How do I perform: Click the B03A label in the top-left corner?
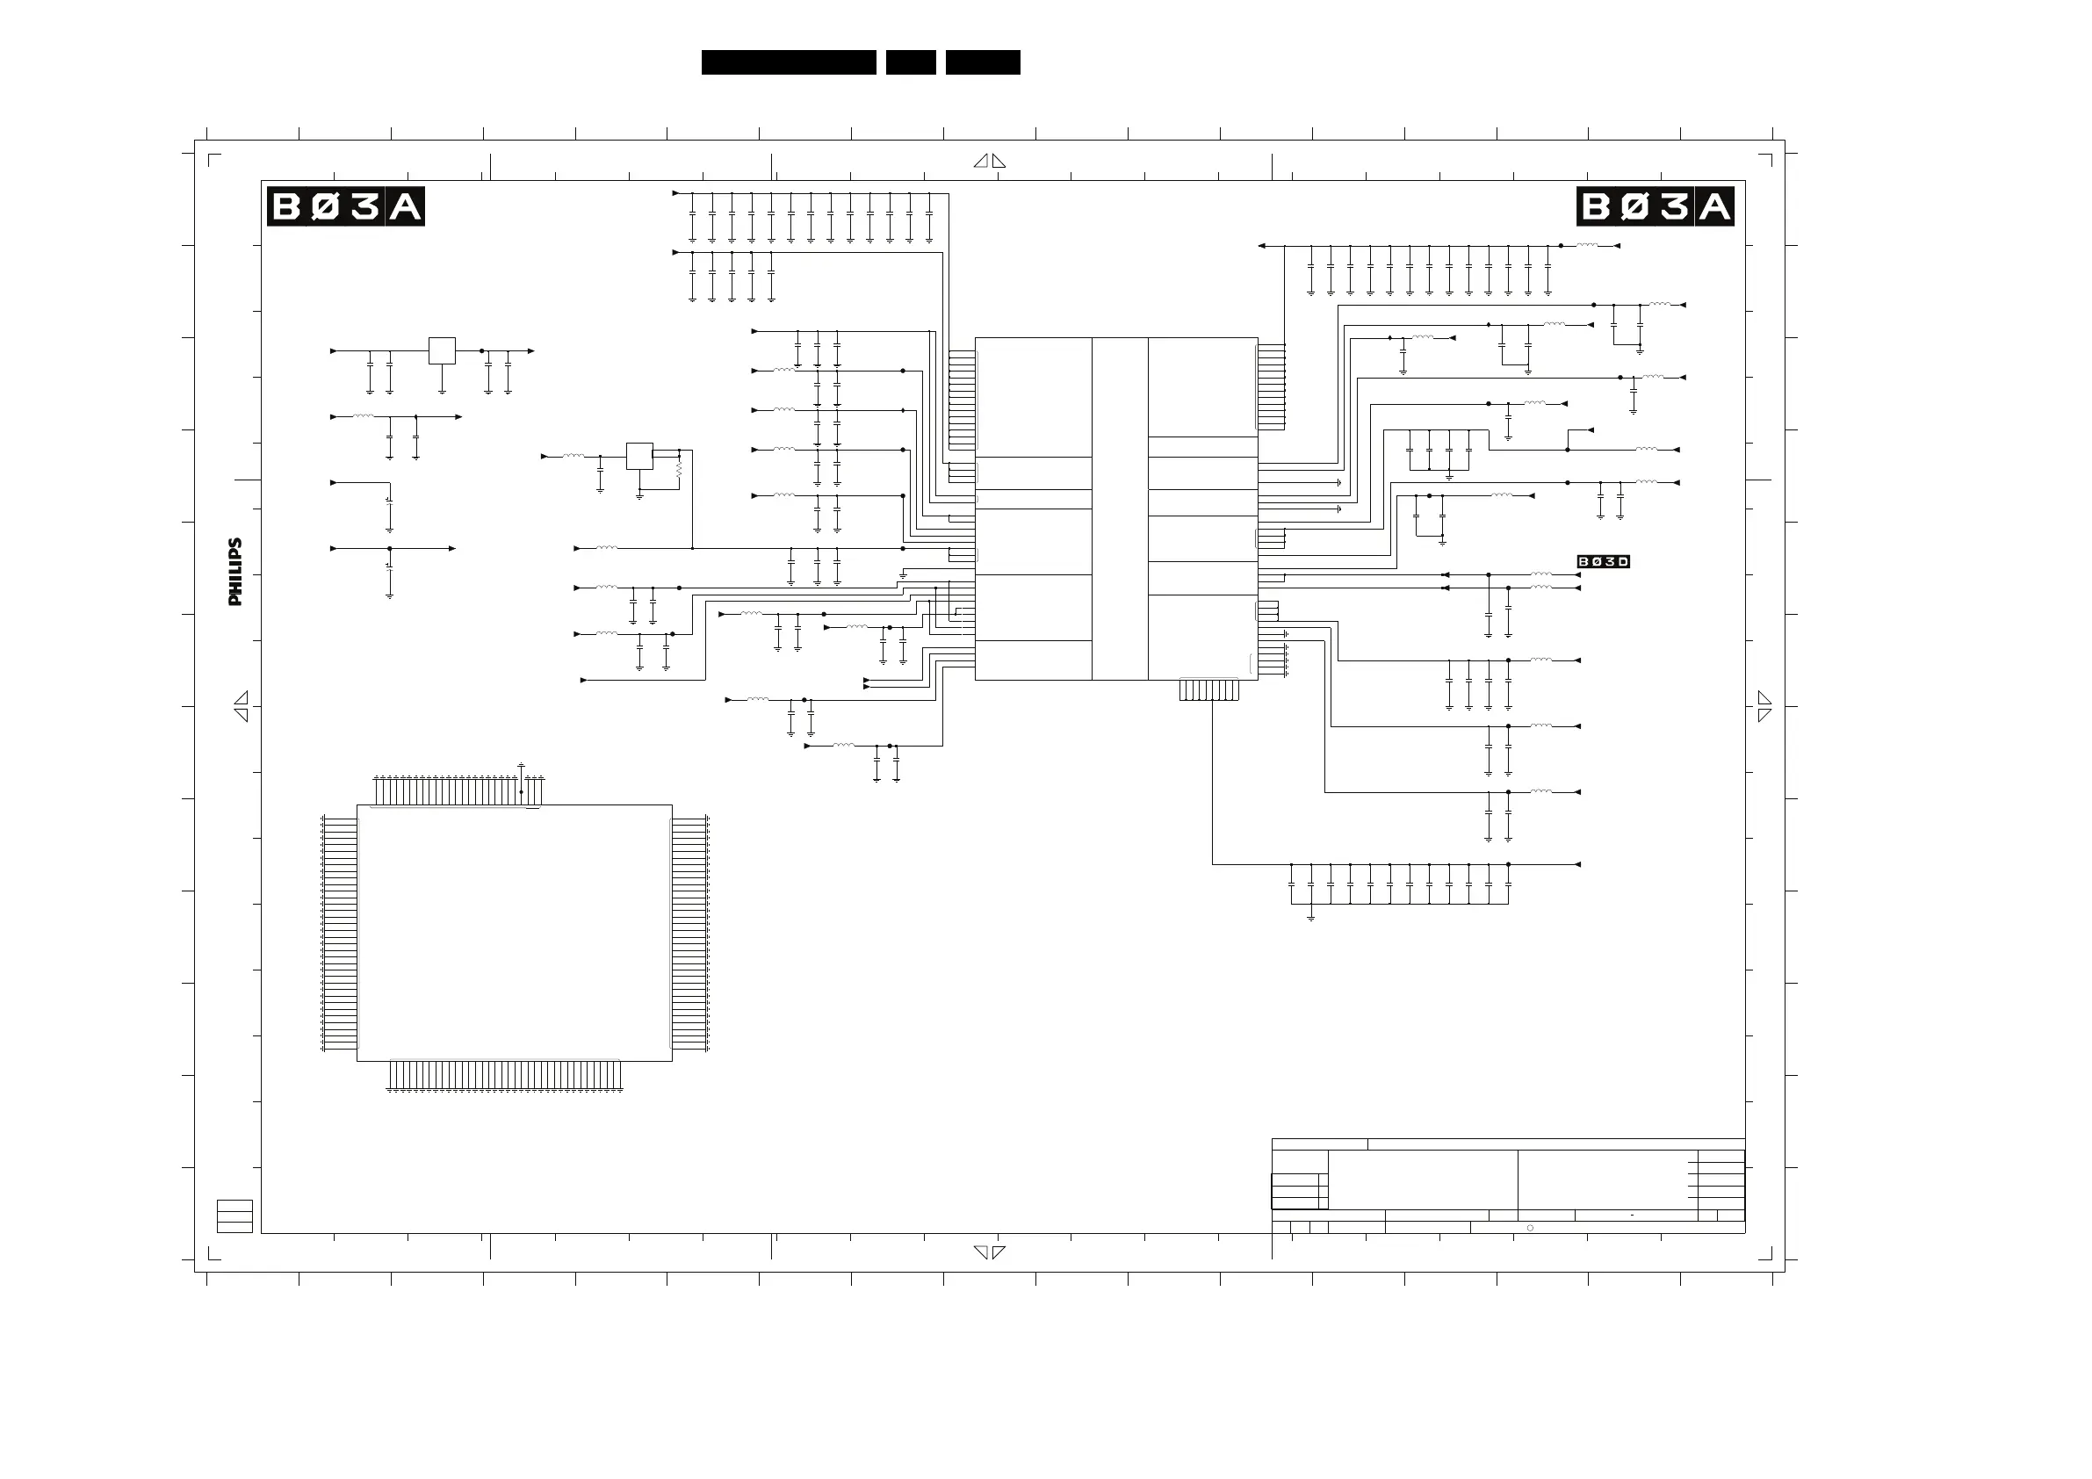click(x=345, y=207)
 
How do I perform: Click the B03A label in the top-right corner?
click(x=1655, y=207)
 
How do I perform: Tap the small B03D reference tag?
click(x=1603, y=561)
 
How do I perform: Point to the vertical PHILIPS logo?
click(x=236, y=572)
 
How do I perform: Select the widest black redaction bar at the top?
click(x=788, y=62)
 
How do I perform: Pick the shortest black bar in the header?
click(x=910, y=62)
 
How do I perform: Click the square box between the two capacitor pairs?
click(x=442, y=350)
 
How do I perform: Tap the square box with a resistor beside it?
click(x=639, y=456)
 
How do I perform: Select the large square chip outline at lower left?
click(x=514, y=932)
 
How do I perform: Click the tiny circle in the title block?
click(x=1530, y=1228)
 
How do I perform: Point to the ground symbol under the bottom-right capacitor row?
click(x=1310, y=917)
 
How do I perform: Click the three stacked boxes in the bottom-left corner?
click(x=234, y=1216)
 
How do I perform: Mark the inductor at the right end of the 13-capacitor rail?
click(x=1587, y=245)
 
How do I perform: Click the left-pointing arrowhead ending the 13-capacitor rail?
click(x=1262, y=245)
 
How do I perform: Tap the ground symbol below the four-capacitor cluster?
click(x=1449, y=476)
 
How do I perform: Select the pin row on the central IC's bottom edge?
click(x=1209, y=689)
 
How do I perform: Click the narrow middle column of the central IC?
click(x=1120, y=509)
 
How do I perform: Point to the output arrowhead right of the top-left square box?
click(x=531, y=350)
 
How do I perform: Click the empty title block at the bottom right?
click(x=1508, y=1185)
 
